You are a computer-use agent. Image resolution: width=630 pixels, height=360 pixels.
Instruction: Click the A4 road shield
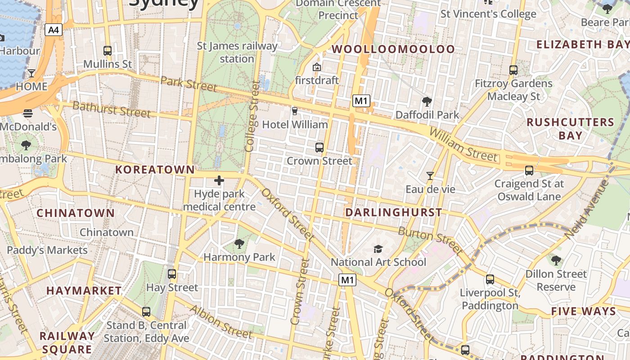pyautogui.click(x=53, y=30)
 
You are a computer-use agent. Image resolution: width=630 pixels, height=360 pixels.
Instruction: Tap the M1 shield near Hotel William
pyautogui.click(x=361, y=101)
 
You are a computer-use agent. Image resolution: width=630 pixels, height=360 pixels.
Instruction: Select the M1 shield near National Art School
pyautogui.click(x=347, y=280)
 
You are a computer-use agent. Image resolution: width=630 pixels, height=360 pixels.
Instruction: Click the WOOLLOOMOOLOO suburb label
pyautogui.click(x=393, y=49)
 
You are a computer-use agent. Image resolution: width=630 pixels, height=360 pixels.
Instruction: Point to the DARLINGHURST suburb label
pyautogui.click(x=393, y=212)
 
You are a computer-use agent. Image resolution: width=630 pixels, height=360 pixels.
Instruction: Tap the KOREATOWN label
pyautogui.click(x=155, y=170)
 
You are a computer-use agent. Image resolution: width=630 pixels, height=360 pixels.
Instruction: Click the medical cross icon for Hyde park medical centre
pyautogui.click(x=219, y=180)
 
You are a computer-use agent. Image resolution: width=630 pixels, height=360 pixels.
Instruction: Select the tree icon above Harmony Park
pyautogui.click(x=239, y=244)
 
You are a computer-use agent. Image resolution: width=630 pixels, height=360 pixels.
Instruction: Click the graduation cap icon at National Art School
pyautogui.click(x=378, y=249)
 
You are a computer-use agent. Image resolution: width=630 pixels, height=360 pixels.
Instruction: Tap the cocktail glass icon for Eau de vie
pyautogui.click(x=430, y=176)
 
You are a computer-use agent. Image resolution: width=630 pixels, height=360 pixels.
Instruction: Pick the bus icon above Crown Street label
pyautogui.click(x=319, y=147)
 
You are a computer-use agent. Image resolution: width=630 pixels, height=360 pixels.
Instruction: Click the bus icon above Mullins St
pyautogui.click(x=107, y=50)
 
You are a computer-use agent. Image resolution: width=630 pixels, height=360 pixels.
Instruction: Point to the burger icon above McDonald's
pyautogui.click(x=28, y=113)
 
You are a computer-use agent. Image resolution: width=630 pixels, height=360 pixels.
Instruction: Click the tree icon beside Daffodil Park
pyautogui.click(x=427, y=102)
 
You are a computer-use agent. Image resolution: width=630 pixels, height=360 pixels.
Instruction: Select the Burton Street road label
pyautogui.click(x=430, y=240)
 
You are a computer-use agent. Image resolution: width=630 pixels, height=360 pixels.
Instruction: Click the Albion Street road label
pyautogui.click(x=220, y=322)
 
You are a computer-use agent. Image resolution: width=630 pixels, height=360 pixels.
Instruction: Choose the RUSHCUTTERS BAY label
pyautogui.click(x=570, y=129)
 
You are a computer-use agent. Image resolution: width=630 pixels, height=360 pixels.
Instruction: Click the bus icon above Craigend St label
pyautogui.click(x=529, y=171)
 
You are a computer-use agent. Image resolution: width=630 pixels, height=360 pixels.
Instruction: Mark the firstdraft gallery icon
pyautogui.click(x=316, y=67)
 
